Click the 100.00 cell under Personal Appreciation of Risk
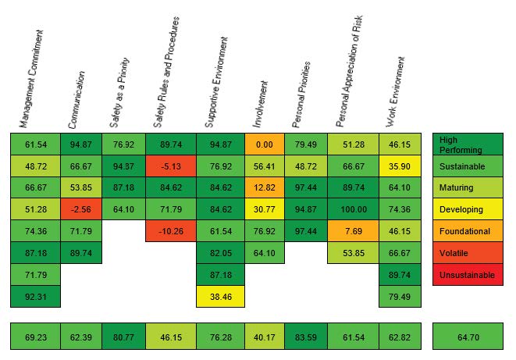352,209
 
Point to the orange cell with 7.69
352,231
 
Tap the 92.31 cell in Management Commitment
35,297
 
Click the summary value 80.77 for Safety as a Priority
123,337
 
